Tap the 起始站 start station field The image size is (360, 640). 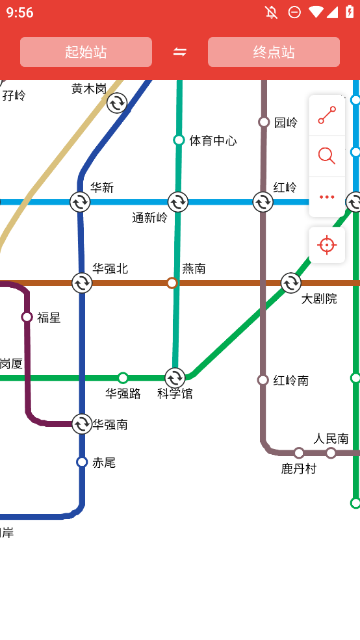pos(86,52)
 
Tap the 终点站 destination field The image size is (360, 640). pos(274,52)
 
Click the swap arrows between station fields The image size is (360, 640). pos(180,52)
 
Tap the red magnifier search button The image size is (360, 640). pos(327,156)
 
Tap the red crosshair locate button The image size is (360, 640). pos(327,245)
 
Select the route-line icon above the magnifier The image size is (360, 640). pos(327,116)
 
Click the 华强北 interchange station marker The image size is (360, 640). pos(82,283)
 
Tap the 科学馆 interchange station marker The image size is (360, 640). pos(175,378)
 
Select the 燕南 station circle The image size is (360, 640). pos(172,283)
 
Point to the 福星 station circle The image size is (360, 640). pos(27,317)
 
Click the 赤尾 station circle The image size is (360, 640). pos(82,462)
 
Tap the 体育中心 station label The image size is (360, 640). pos(213,140)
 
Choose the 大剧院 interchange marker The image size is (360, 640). pos(290,283)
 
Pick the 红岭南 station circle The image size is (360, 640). pos(263,380)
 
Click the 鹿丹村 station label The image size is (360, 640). pos(298,468)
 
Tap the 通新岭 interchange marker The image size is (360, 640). pos(177,202)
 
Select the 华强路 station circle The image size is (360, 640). pos(123,378)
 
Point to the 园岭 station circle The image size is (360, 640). pos(264,122)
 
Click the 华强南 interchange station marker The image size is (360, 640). pos(82,424)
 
